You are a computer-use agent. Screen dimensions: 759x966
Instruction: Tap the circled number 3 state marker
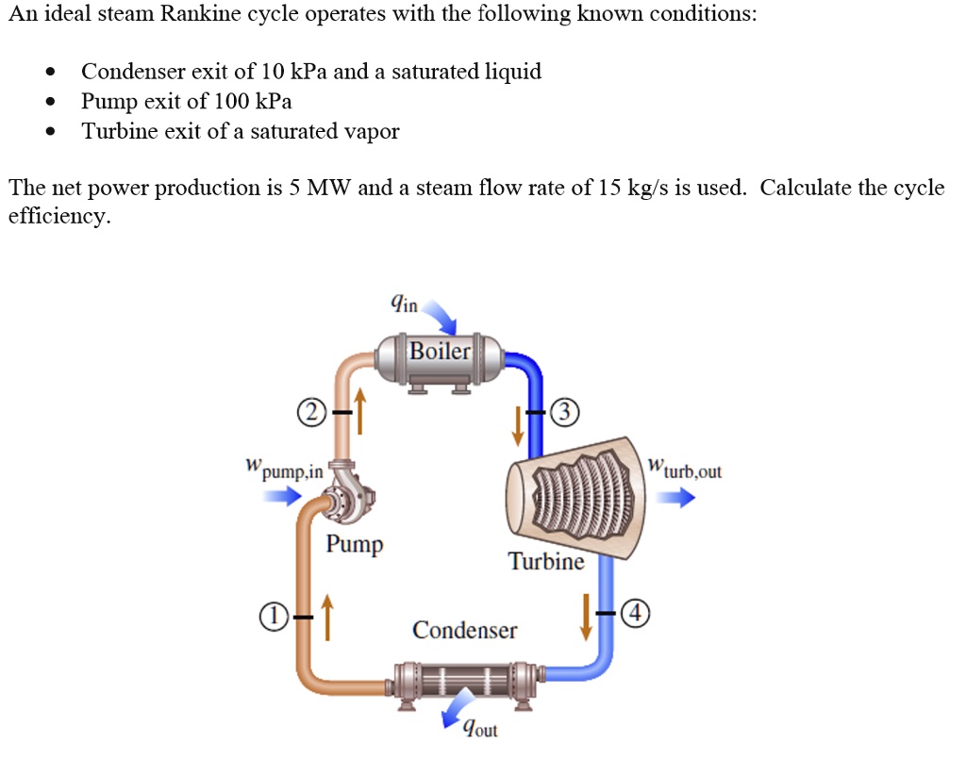pos(563,413)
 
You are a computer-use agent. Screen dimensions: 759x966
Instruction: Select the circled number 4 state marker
pos(638,613)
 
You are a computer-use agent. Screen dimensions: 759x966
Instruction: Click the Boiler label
pos(440,352)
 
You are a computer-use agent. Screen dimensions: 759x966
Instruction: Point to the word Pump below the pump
pos(355,544)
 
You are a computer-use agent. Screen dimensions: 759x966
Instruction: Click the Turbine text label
pos(546,562)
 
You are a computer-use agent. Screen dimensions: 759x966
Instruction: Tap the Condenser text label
pos(464,630)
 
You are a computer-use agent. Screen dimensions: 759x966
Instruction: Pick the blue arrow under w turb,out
pos(675,500)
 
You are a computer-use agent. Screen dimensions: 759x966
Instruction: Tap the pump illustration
pos(344,495)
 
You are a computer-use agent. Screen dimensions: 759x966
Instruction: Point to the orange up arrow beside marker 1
pos(327,617)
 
